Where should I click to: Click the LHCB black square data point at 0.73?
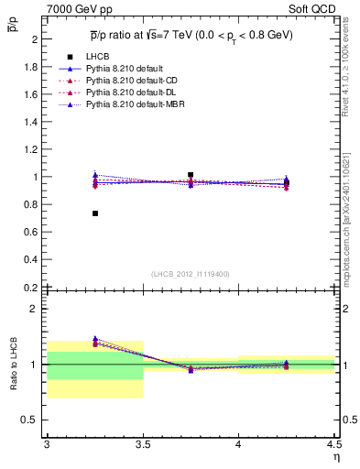point(94,213)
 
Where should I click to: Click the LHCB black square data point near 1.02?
point(191,174)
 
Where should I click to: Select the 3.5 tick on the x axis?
point(142,443)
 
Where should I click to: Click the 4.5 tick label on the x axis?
point(333,443)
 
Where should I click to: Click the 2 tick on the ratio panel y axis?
point(37,309)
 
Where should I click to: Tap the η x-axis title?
point(335,456)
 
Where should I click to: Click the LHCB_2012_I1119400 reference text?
point(190,274)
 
